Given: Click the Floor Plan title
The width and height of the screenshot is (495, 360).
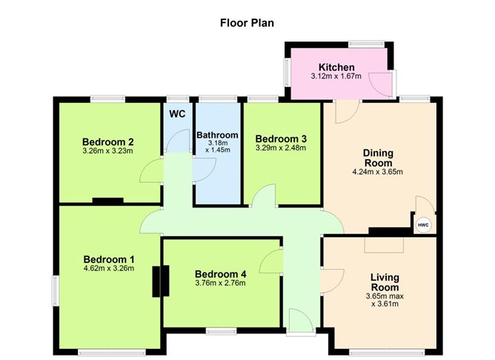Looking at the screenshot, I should [247, 22].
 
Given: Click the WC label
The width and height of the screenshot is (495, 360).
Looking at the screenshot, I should [177, 113].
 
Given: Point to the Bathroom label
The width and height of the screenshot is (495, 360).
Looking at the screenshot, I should [217, 134].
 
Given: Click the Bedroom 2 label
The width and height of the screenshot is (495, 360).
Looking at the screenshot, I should [107, 141].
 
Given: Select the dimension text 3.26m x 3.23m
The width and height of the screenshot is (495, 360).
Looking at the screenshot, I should [107, 151].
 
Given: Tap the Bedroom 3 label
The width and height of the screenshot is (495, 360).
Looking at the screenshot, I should [280, 139].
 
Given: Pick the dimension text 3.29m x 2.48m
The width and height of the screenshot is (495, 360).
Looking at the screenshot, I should [280, 147].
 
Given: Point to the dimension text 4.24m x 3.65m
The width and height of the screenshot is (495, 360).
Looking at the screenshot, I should [377, 172].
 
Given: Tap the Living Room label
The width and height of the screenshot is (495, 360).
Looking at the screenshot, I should [385, 282].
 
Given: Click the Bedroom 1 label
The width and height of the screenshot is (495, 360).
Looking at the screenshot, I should [108, 259].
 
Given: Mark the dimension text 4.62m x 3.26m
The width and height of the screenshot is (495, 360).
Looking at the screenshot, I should [108, 268].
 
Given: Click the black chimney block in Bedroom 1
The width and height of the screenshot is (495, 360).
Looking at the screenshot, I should [157, 281].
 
